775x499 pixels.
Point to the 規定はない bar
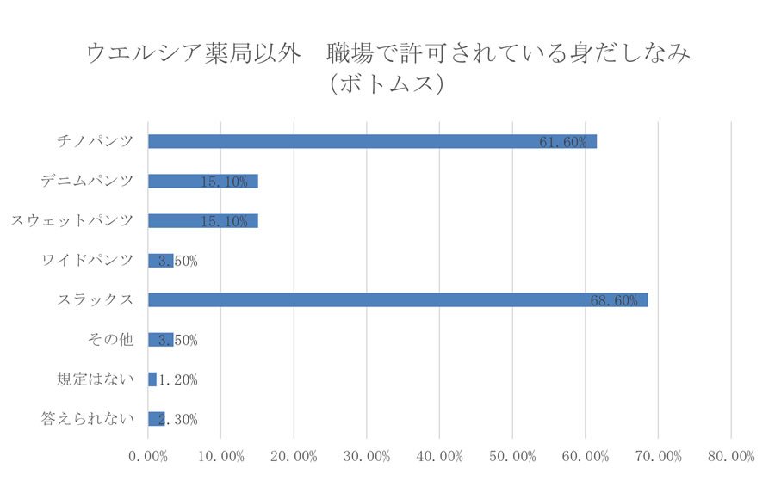coord(152,379)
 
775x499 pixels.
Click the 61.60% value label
coord(563,142)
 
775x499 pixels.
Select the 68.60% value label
coord(614,300)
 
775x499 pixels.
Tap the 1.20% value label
coord(178,379)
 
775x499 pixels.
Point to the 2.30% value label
coord(178,419)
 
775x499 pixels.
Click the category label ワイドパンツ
coord(88,260)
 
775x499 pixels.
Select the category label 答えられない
coord(88,419)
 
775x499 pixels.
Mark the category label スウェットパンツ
coord(72,220)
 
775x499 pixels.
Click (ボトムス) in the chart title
coord(387,85)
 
